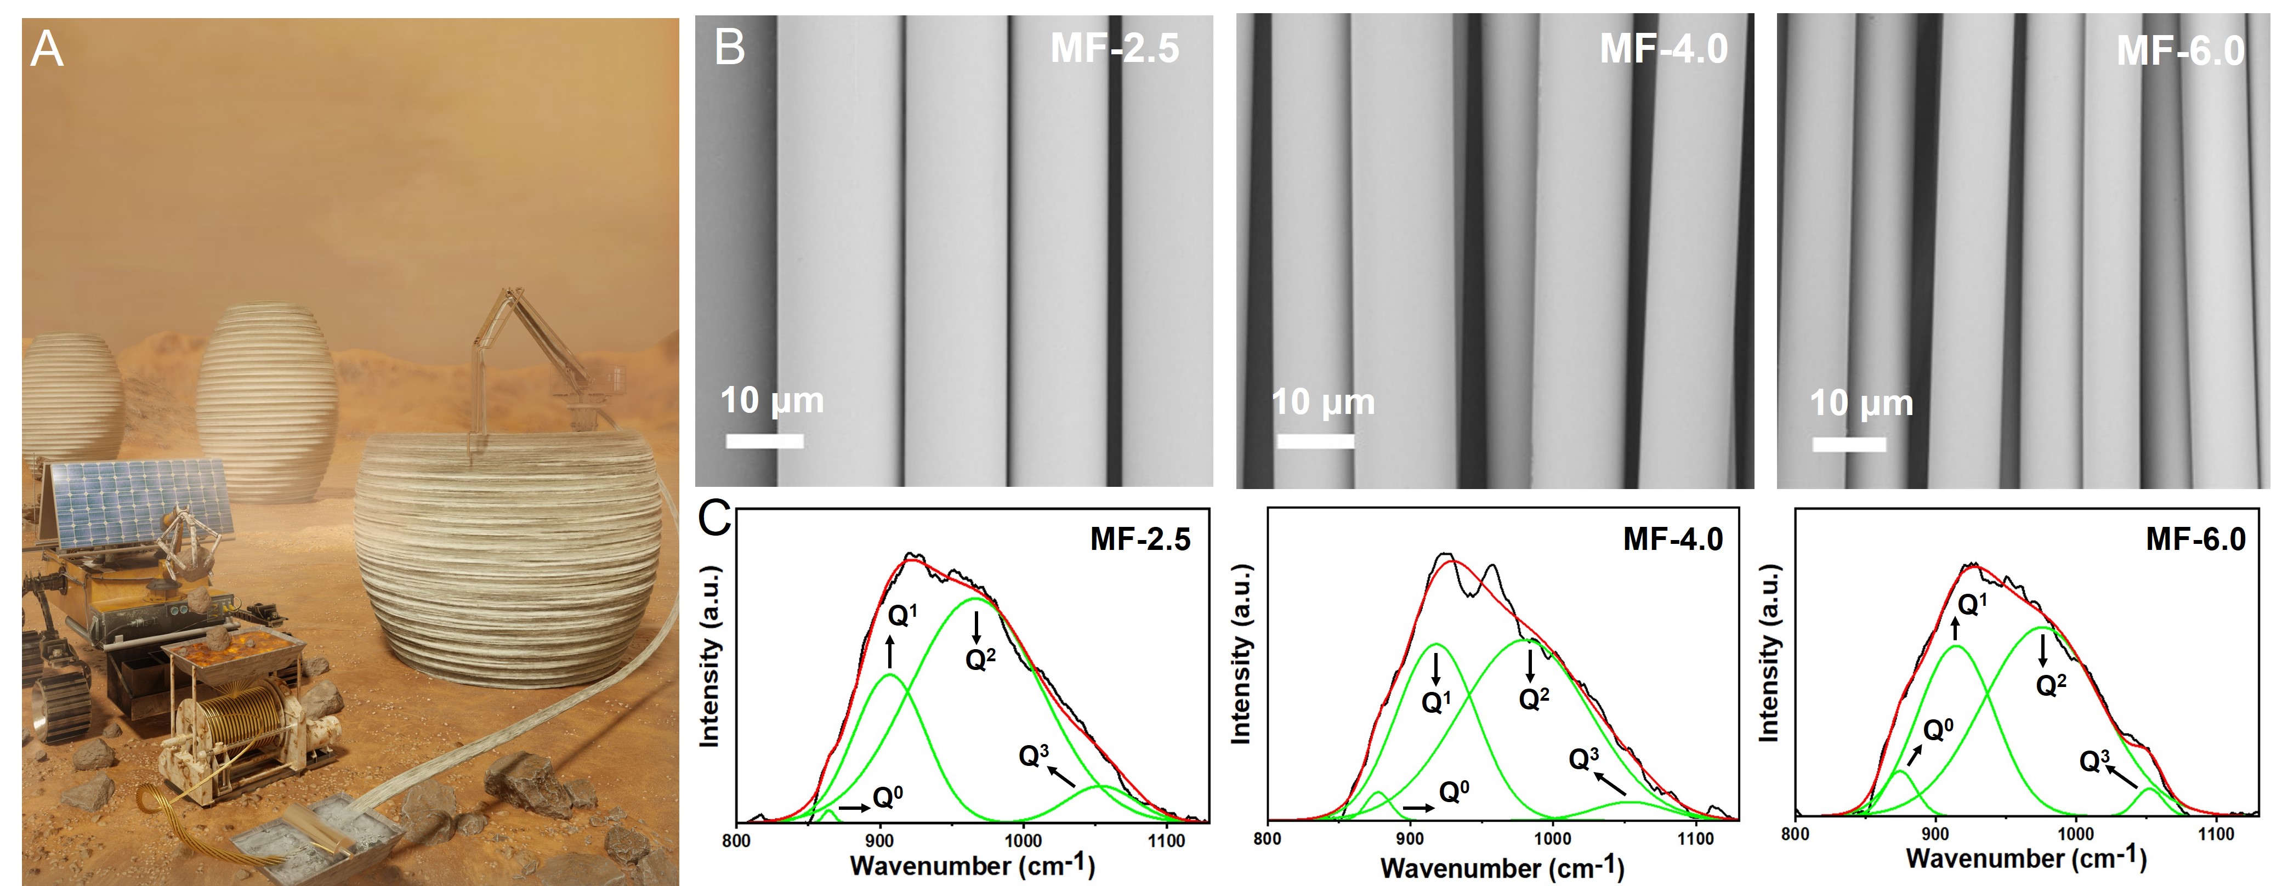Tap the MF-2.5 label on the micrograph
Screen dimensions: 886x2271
click(x=1114, y=48)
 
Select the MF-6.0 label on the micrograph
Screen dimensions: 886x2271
click(x=2180, y=51)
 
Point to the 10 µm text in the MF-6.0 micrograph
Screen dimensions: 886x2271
click(x=1861, y=404)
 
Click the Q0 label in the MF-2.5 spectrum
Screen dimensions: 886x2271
click(x=888, y=798)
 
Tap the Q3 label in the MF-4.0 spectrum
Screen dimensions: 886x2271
click(x=1583, y=759)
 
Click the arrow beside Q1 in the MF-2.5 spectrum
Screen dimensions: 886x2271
click(x=889, y=652)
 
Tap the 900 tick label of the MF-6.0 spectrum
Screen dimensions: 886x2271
click(x=1935, y=834)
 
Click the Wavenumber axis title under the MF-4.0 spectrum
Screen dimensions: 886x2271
click(x=1501, y=867)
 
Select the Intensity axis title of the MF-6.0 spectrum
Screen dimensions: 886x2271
click(x=1768, y=652)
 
